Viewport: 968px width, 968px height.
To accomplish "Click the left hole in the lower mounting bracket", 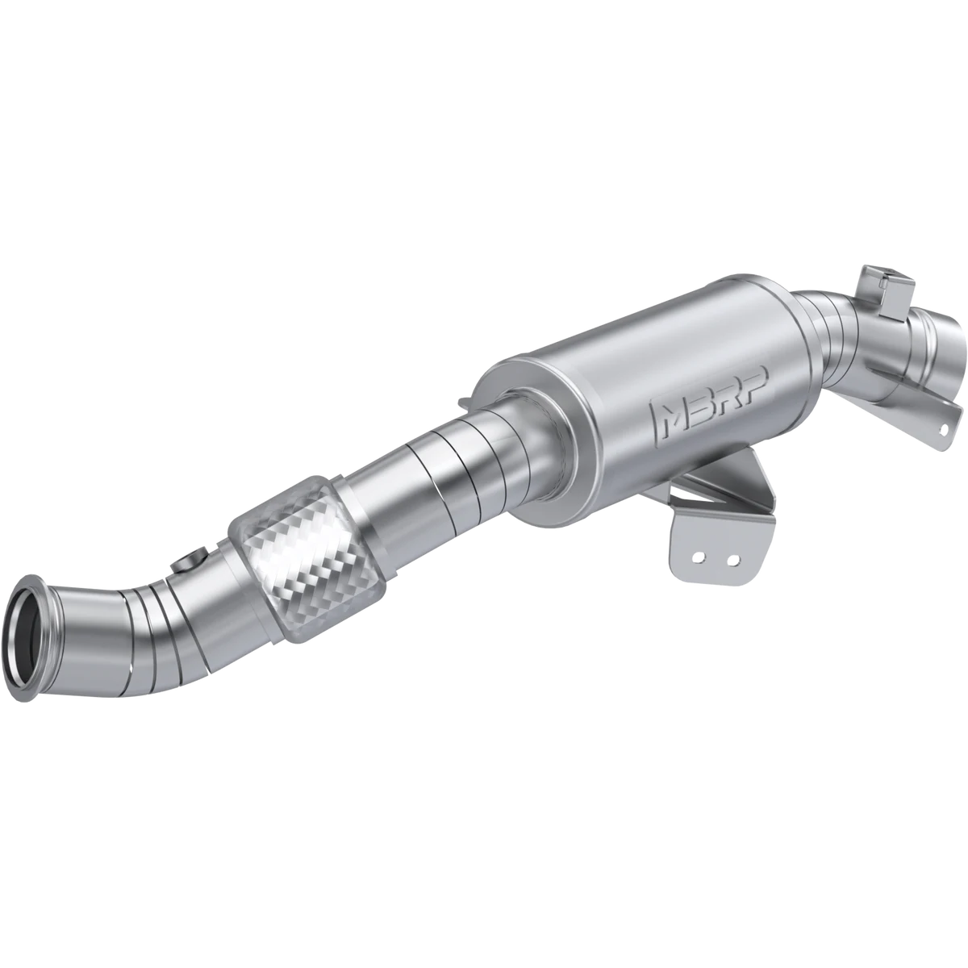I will point(699,557).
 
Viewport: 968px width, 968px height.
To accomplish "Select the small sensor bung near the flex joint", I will point(191,558).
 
